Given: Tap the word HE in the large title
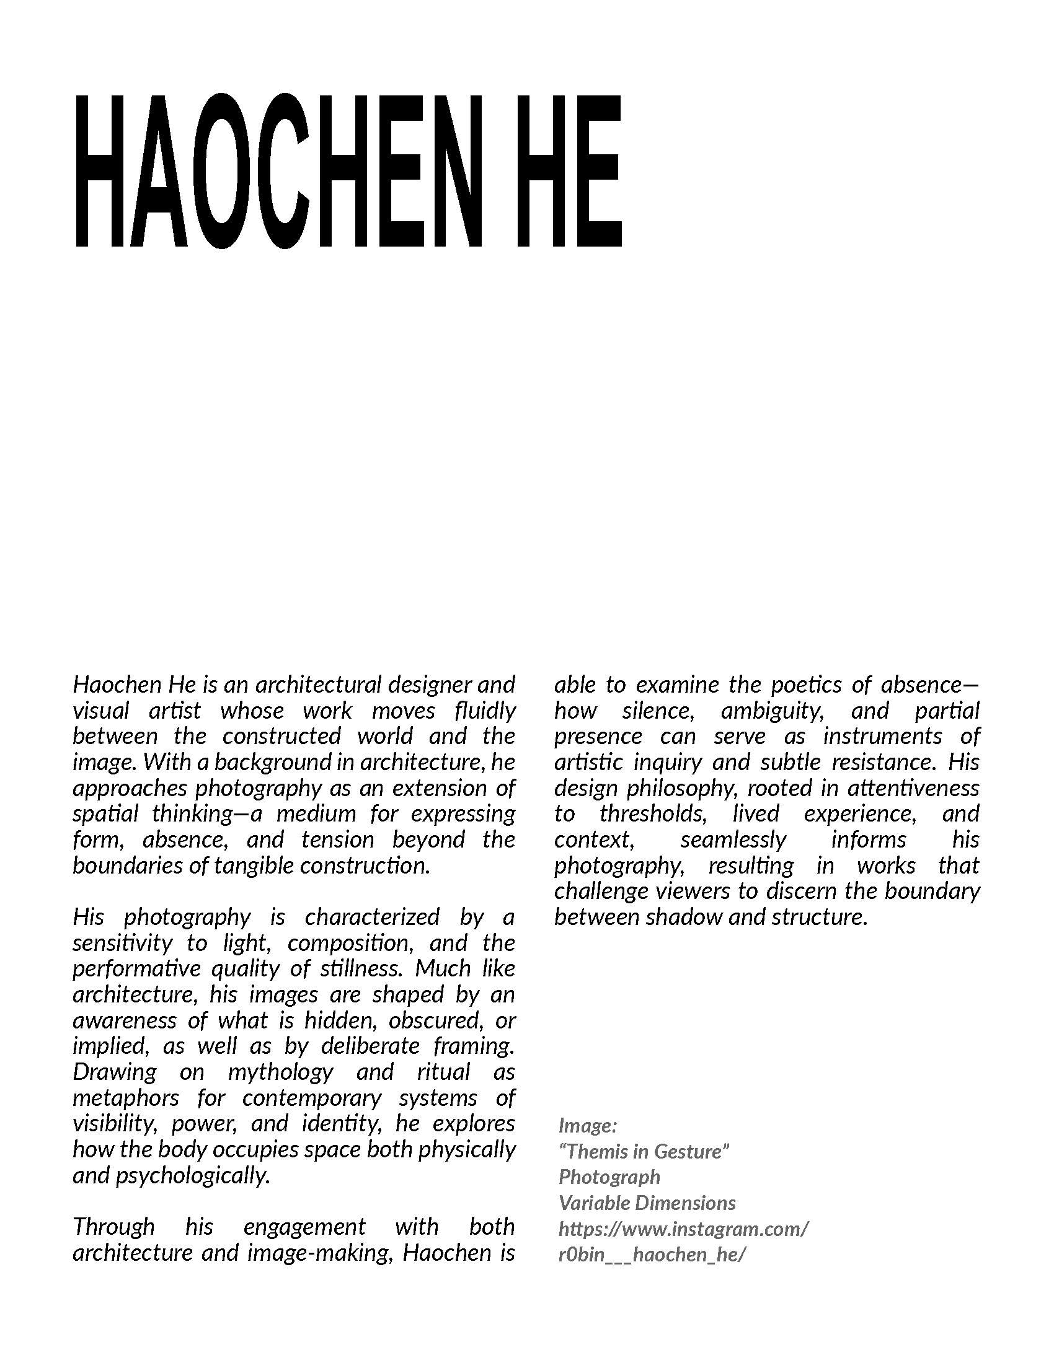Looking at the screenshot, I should click(568, 171).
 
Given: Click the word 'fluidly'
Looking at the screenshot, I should click(485, 710).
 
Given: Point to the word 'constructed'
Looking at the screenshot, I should click(281, 736).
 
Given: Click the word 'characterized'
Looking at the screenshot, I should click(371, 917).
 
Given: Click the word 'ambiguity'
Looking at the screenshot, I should click(772, 710).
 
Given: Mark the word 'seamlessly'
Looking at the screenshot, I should click(733, 839).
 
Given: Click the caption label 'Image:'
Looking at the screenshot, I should click(588, 1125).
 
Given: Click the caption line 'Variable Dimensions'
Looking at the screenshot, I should click(647, 1203).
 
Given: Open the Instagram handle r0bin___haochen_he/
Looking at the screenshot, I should click(652, 1255).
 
